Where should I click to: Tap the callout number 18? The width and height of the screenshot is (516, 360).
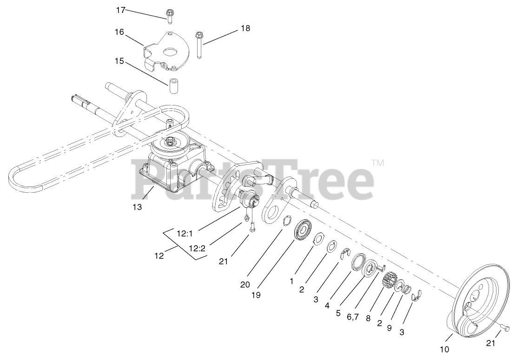(x=245, y=28)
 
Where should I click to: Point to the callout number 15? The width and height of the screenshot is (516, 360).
(x=120, y=61)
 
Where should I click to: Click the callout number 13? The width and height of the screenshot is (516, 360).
(x=137, y=207)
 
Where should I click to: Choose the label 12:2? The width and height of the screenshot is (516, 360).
(x=197, y=249)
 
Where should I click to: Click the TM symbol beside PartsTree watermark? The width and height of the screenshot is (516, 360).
(x=377, y=164)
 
